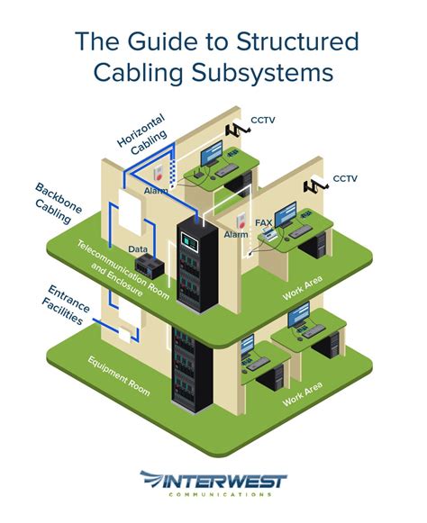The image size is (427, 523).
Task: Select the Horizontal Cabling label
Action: (142, 133)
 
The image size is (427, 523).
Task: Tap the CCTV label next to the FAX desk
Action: (345, 179)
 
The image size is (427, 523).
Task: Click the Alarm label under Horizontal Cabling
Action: (155, 191)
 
